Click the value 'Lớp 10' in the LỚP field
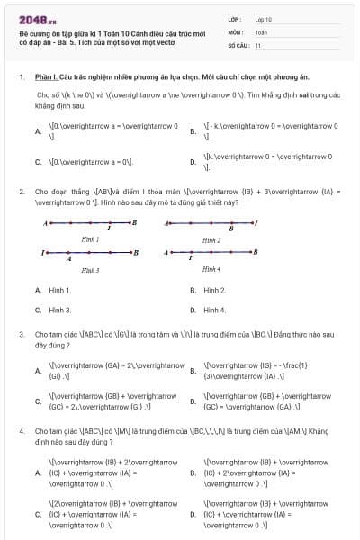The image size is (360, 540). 263,19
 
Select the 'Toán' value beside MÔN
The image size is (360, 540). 261,31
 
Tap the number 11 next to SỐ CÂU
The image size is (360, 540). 258,44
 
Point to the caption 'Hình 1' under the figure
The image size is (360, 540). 90,240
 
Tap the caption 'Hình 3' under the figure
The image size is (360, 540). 90,269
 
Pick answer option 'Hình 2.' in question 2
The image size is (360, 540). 214,291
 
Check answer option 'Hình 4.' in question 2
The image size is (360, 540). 214,310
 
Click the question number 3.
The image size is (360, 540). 21,334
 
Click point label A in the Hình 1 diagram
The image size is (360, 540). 46,221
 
